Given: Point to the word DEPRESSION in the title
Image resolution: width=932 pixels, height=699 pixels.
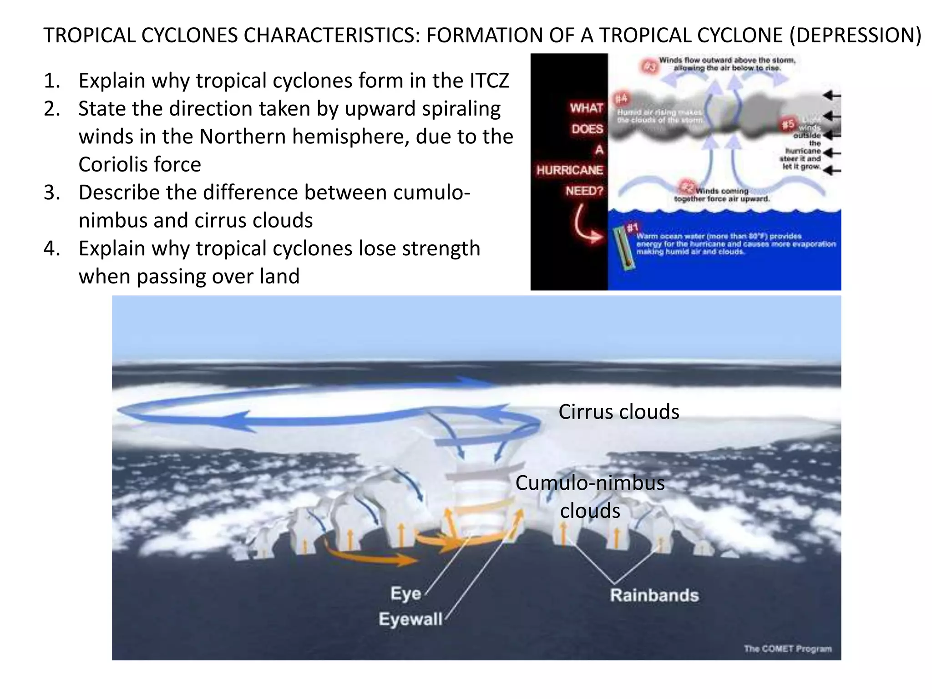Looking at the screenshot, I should pos(855,35).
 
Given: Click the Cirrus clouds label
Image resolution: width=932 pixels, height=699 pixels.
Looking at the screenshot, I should pos(618,412).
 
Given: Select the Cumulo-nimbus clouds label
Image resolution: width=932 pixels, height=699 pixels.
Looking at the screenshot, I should pos(590,496).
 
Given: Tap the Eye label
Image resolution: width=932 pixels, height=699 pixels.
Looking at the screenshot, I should pos(405,593).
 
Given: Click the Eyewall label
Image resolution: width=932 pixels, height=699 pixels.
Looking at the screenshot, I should pos(410,619).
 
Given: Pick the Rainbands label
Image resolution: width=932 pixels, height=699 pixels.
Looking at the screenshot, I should pos(654,595).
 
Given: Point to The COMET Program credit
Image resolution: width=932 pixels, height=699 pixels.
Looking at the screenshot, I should pos(788,648).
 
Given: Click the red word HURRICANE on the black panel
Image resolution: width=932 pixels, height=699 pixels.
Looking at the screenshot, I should pos(569,170).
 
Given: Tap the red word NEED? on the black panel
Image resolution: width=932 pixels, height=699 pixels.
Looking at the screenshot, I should pos(584,191).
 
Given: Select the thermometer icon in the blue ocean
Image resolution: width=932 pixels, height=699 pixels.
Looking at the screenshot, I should pos(623,249).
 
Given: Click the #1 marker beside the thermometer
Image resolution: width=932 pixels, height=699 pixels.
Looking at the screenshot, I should pos(633,227).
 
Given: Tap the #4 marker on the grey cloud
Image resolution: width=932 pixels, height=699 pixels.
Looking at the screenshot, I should pos(621,99).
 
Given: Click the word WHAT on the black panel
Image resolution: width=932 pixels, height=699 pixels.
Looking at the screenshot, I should pos(586,108).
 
